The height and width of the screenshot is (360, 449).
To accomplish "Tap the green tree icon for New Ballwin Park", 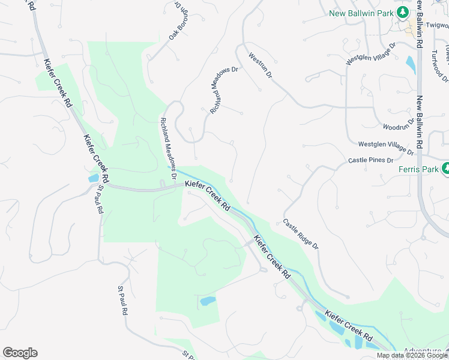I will point(404,11).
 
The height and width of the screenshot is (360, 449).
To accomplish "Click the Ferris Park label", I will point(418,169).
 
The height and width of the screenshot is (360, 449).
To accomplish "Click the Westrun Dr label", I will point(261,66).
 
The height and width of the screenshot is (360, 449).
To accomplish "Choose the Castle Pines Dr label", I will point(370,161).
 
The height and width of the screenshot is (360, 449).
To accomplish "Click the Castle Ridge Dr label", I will point(301,234).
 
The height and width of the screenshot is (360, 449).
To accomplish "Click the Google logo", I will point(20,353).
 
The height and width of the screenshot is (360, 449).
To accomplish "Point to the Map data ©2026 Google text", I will point(411,355).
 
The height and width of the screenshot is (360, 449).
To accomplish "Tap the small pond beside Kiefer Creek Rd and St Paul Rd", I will point(94,178).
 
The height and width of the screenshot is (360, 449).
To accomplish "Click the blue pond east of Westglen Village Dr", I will point(411,64).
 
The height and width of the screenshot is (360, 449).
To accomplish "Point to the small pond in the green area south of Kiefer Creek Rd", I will point(207,301).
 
